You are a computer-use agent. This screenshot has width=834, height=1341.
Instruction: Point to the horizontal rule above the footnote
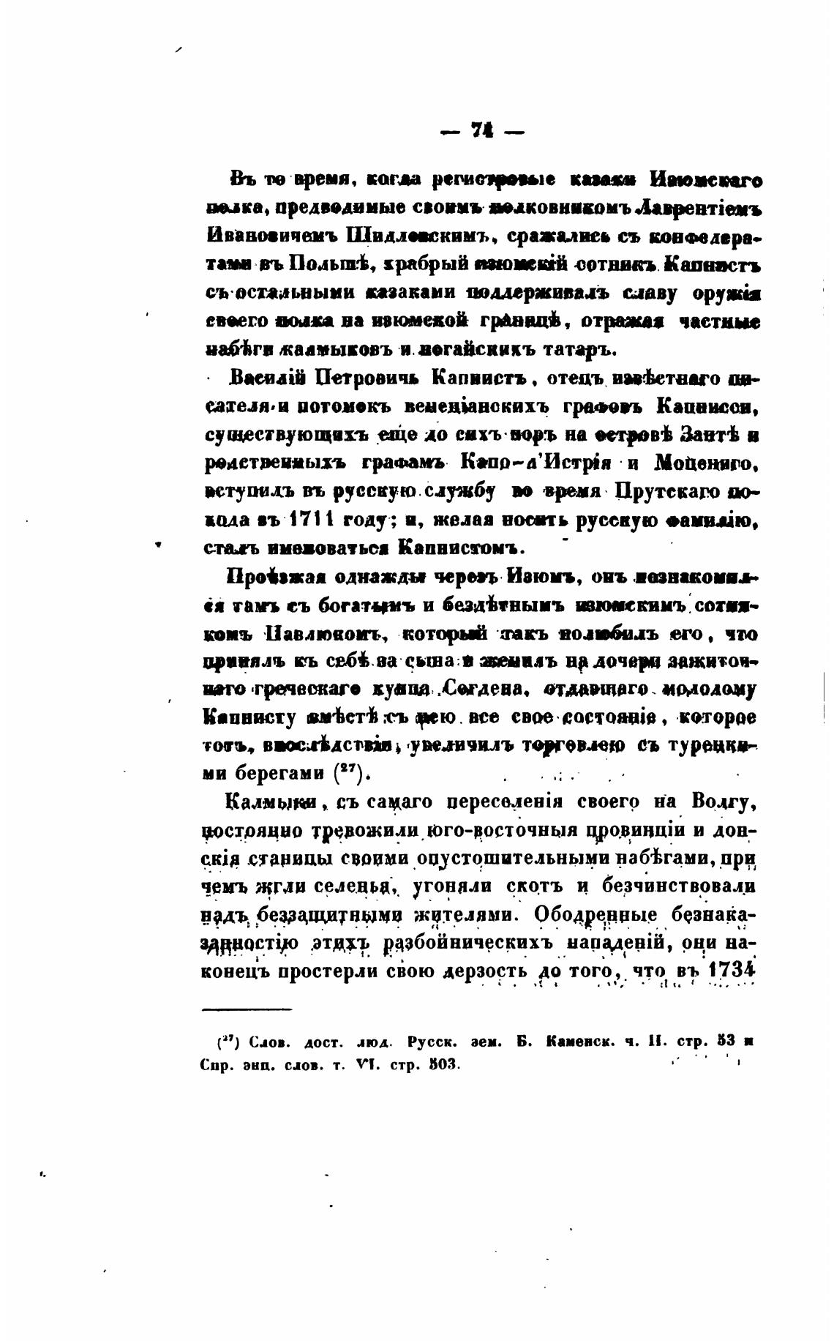point(246,1010)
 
